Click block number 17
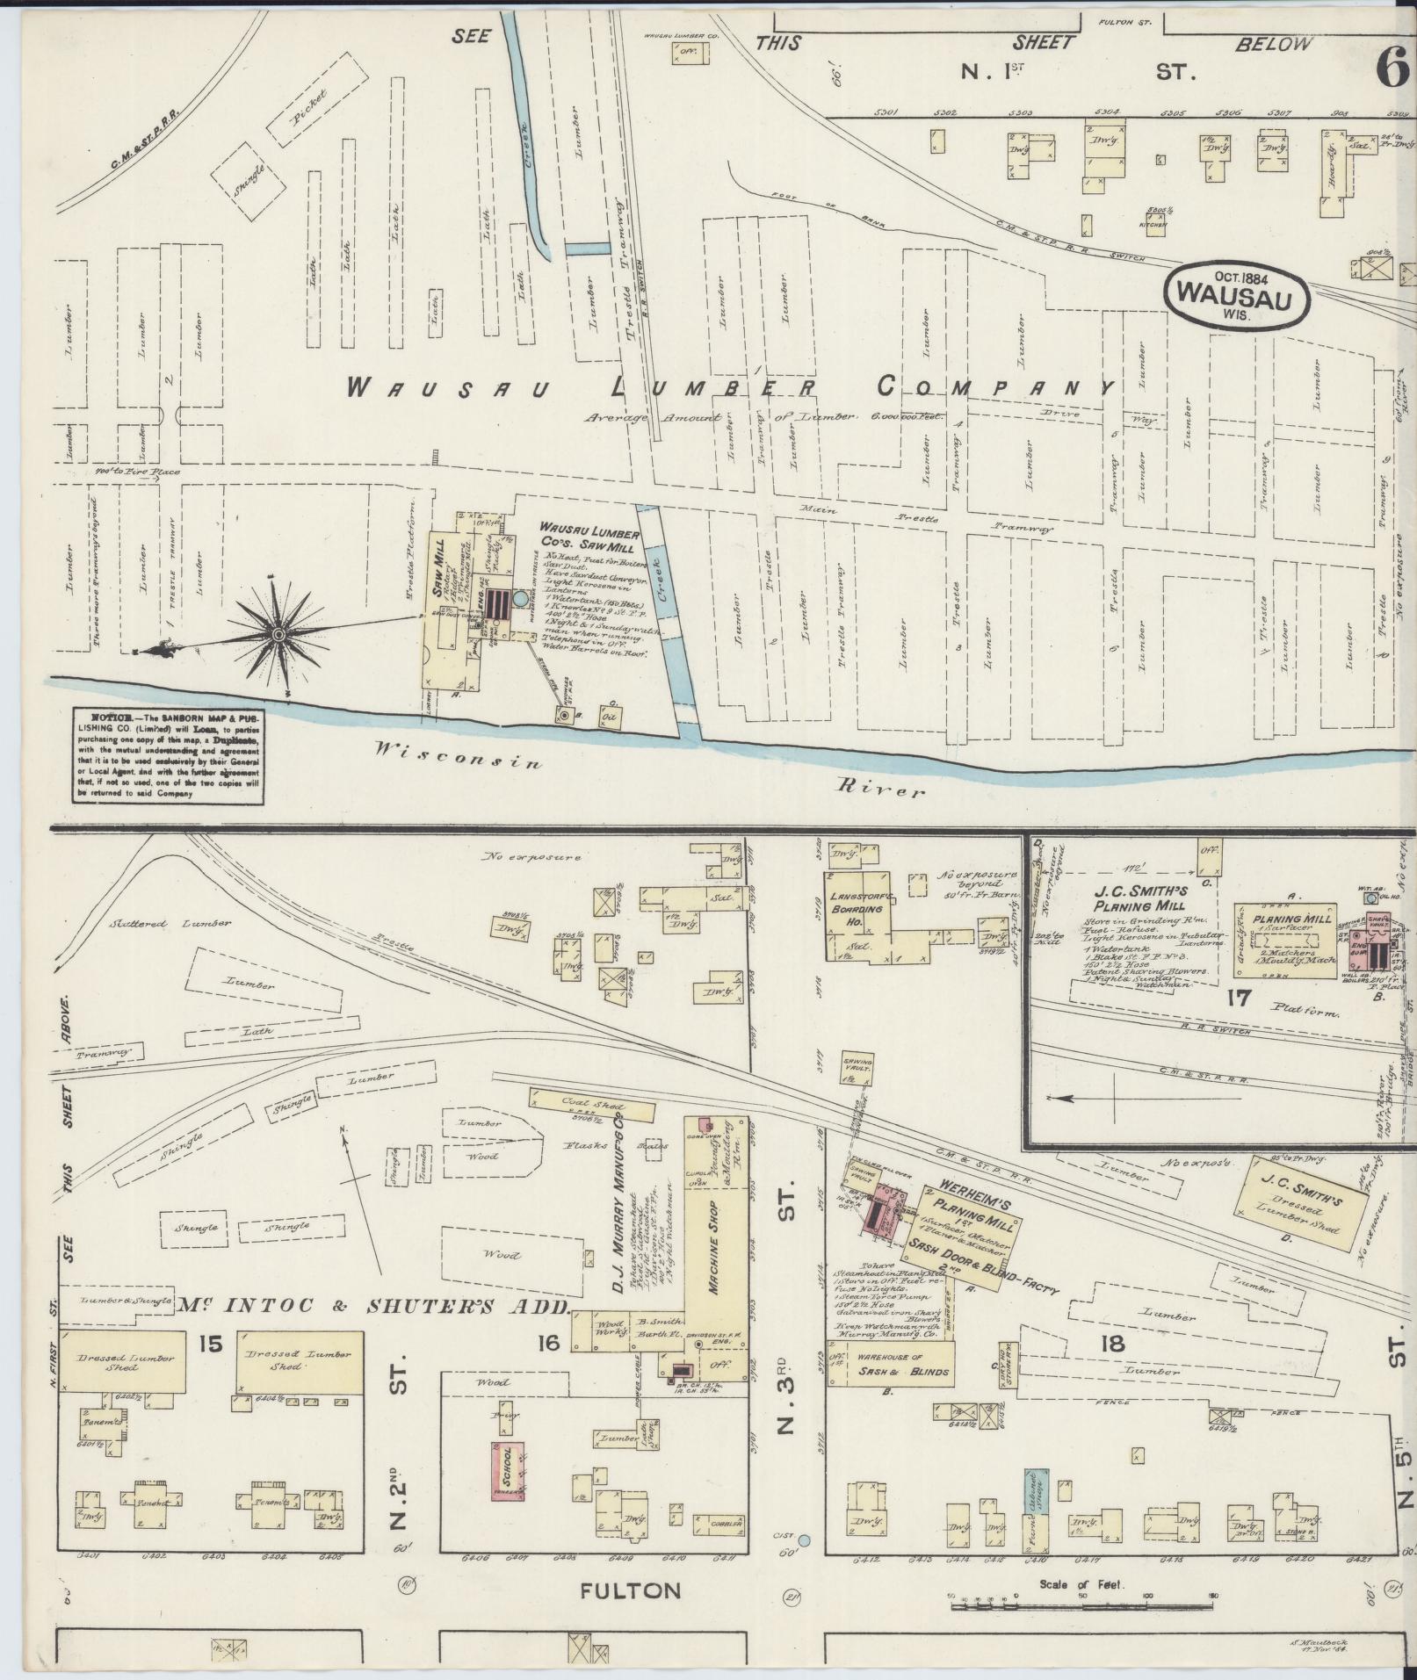click(1240, 998)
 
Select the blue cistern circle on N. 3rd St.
click(803, 1539)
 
